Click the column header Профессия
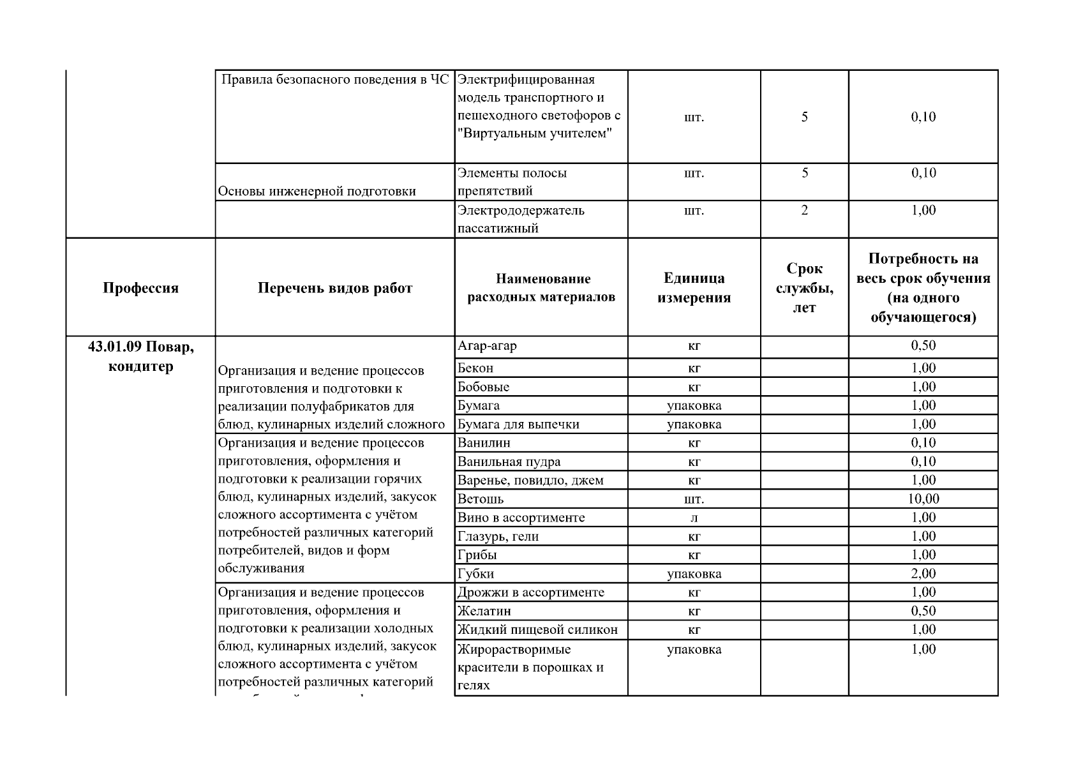[140, 288]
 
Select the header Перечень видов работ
[335, 288]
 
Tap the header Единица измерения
[694, 288]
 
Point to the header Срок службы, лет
[804, 288]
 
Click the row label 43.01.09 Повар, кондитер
[140, 356]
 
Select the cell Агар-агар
[488, 346]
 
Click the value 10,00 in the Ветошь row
[923, 499]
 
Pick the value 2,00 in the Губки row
[923, 573]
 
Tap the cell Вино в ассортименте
[521, 518]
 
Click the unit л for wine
[694, 518]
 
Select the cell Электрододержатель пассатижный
[521, 219]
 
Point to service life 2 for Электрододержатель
[804, 211]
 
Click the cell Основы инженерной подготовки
[317, 191]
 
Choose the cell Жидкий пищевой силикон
[537, 630]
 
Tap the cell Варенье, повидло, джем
[530, 480]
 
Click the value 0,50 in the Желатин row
[923, 611]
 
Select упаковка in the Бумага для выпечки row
[694, 424]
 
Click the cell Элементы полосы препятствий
[512, 181]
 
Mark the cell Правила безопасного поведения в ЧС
[335, 80]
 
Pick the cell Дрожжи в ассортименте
[530, 592]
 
